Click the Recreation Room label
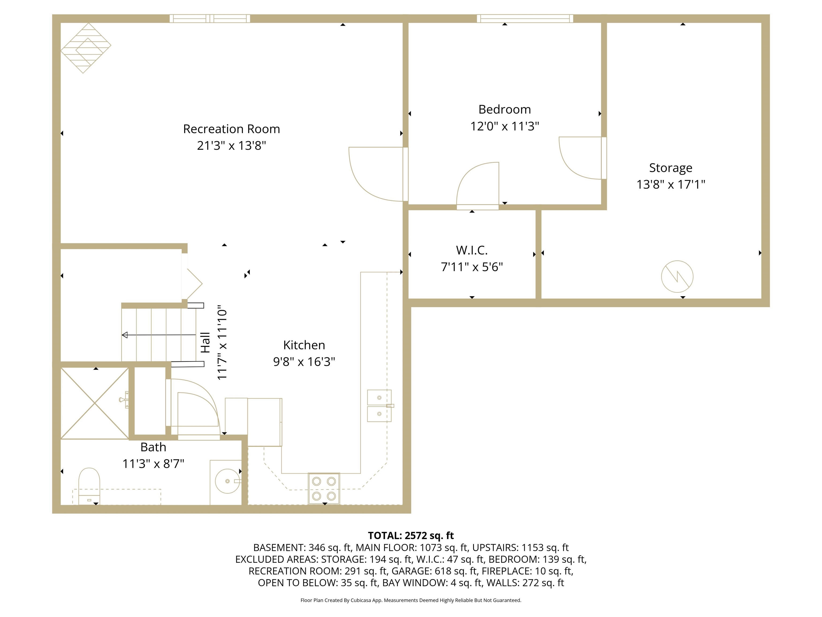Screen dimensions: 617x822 coord(231,129)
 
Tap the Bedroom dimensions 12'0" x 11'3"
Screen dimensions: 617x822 coord(504,126)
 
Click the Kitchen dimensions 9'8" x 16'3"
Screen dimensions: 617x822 coord(304,362)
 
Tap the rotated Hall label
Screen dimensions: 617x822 coord(205,343)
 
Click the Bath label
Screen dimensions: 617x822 coord(153,447)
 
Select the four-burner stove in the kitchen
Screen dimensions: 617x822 coord(324,488)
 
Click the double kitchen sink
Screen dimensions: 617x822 coord(379,405)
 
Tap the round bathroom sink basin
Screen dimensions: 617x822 coord(227,481)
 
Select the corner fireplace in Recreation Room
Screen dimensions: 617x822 coord(85,48)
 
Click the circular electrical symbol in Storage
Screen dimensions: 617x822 coord(677,276)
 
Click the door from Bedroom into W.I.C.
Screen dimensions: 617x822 coord(478,186)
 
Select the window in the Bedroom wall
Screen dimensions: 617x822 coord(525,18)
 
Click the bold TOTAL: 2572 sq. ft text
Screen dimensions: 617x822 coord(411,536)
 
